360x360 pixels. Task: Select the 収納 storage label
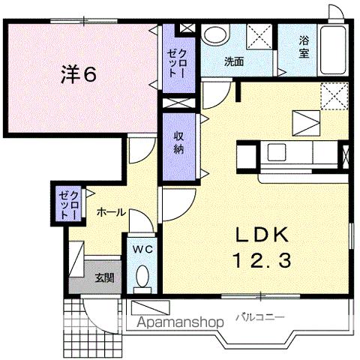pos(180,142)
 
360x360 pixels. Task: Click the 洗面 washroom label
pos(233,62)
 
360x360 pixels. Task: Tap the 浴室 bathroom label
pos(304,46)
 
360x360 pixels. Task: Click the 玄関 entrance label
pos(104,277)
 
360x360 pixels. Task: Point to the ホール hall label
pos(110,212)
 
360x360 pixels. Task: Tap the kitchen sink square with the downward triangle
pos(305,121)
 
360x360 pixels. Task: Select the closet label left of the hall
pos(68,203)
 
